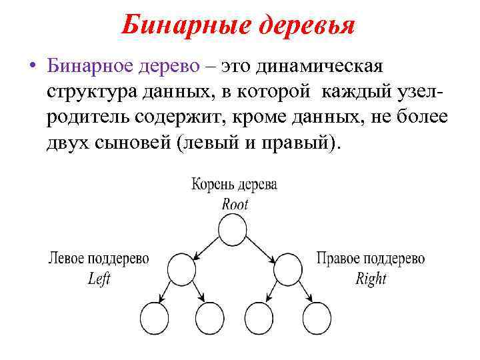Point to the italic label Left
click(x=99, y=279)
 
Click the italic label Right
click(x=371, y=279)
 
